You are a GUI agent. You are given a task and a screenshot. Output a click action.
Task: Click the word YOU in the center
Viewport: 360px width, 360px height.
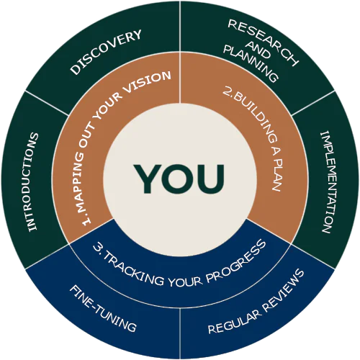point(179,179)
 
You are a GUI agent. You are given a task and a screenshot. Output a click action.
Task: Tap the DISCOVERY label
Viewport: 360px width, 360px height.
point(106,52)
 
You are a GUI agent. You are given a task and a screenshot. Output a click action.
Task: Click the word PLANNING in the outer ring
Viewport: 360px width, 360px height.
point(251,63)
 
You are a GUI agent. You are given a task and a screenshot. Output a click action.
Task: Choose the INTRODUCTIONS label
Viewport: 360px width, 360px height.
point(33,181)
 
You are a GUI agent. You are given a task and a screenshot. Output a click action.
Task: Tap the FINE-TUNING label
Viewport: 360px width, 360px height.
point(103,309)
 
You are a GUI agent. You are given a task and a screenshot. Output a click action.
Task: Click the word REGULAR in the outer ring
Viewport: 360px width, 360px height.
point(234,322)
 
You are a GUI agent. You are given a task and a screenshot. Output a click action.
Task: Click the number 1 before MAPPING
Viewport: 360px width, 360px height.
point(86,220)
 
